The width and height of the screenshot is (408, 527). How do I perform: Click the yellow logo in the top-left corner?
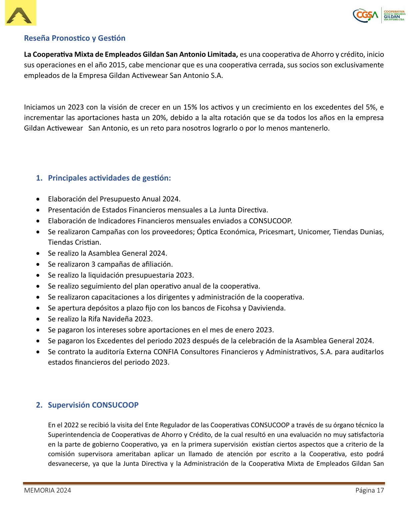20,13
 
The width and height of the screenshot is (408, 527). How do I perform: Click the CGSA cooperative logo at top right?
379,15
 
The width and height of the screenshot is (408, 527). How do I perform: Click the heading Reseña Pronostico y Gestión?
75,38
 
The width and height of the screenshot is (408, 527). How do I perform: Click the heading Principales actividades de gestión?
109,178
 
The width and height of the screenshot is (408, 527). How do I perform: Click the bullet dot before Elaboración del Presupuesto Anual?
39,199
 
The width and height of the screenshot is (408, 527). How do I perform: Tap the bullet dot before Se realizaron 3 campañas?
39,264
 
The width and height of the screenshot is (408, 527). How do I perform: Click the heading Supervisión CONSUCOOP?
93,405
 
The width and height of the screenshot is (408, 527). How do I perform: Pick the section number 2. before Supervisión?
39,405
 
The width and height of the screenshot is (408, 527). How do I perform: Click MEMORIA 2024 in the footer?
47,490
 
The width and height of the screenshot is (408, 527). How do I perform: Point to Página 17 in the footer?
370,490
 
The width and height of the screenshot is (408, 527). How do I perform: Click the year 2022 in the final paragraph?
71,425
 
